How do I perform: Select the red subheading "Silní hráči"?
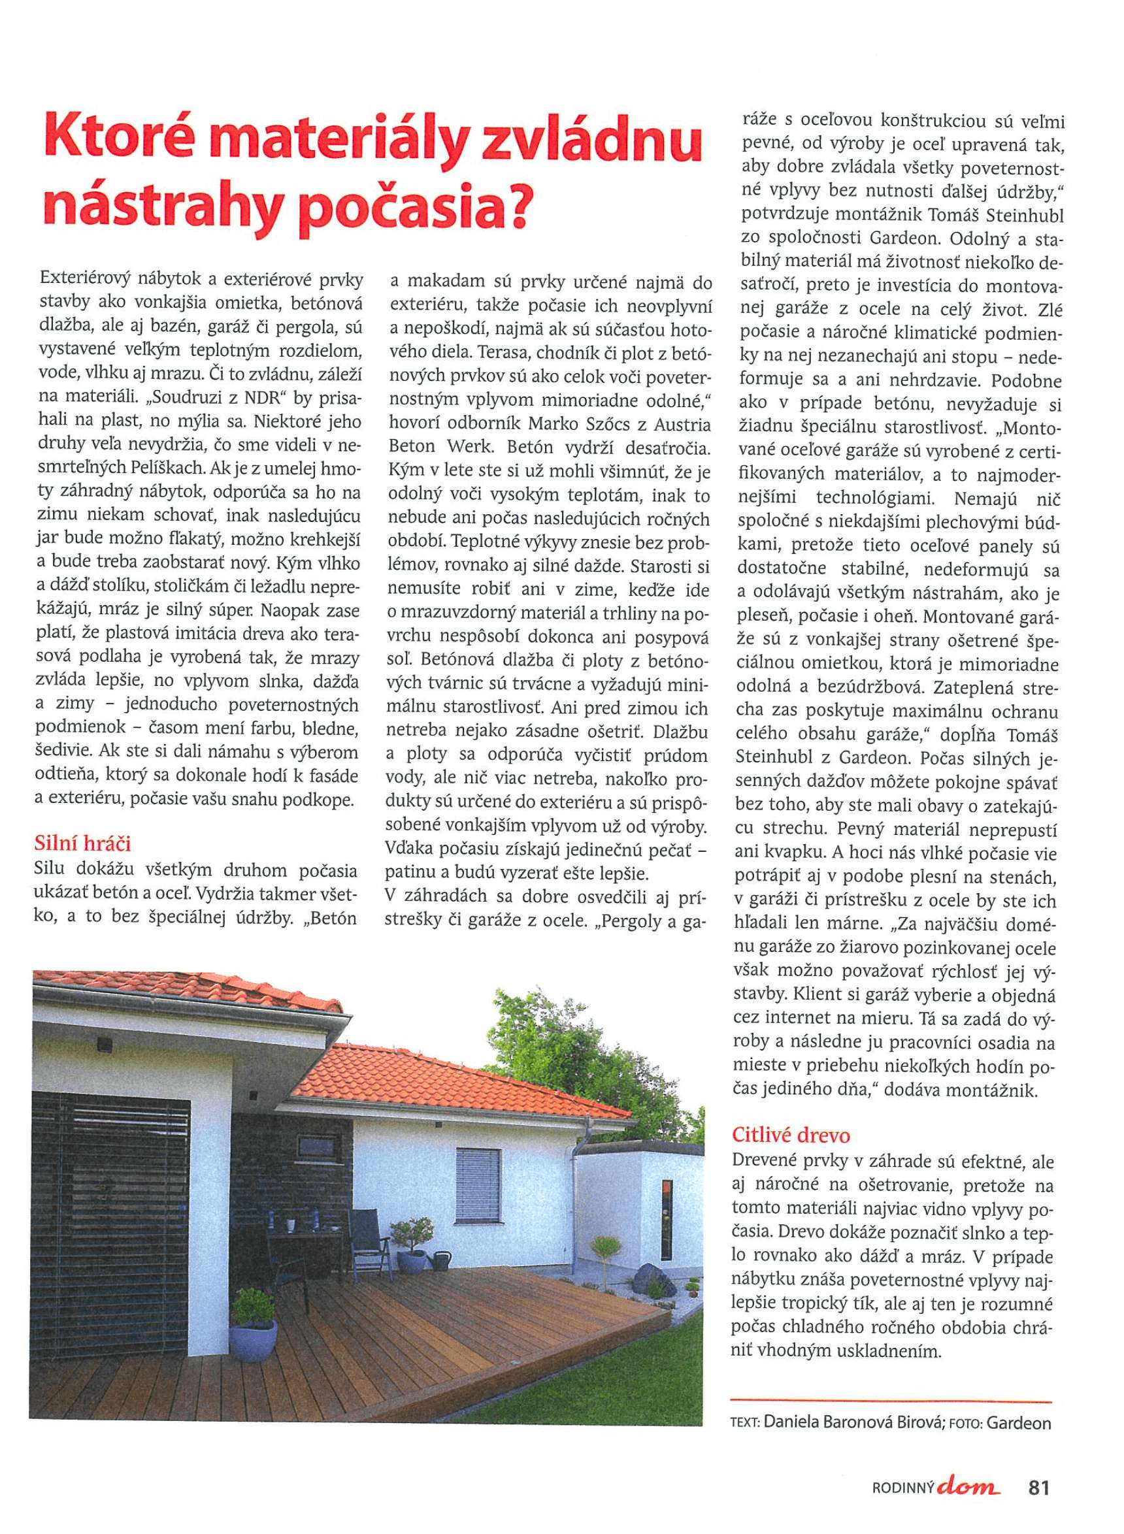[82, 844]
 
